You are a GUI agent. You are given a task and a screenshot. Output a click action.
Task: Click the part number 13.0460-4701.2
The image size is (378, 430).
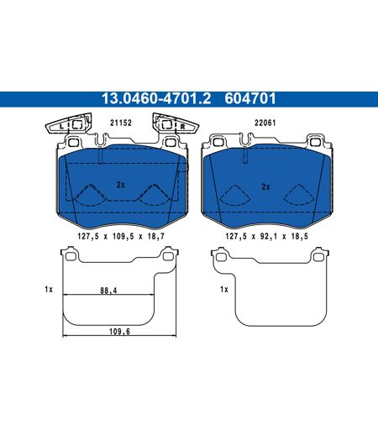(x=156, y=99)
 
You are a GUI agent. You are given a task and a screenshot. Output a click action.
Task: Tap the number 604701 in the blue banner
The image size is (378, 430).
(x=250, y=99)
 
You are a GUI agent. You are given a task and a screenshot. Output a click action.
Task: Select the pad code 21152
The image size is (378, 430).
(x=121, y=123)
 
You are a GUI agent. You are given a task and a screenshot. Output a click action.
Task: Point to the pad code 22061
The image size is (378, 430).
(x=265, y=123)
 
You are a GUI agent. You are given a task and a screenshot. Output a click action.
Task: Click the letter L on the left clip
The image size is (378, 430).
(x=61, y=126)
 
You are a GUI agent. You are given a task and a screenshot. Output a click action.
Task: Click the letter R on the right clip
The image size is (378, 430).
(x=182, y=126)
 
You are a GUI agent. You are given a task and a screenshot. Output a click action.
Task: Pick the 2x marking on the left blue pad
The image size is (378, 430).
(x=121, y=185)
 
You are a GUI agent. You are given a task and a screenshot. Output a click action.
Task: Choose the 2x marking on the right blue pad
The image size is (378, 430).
(x=265, y=186)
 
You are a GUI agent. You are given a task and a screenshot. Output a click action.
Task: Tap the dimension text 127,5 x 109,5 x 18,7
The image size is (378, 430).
(x=121, y=237)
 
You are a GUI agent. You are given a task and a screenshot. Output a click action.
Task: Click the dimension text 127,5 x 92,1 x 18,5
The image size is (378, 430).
(x=266, y=237)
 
